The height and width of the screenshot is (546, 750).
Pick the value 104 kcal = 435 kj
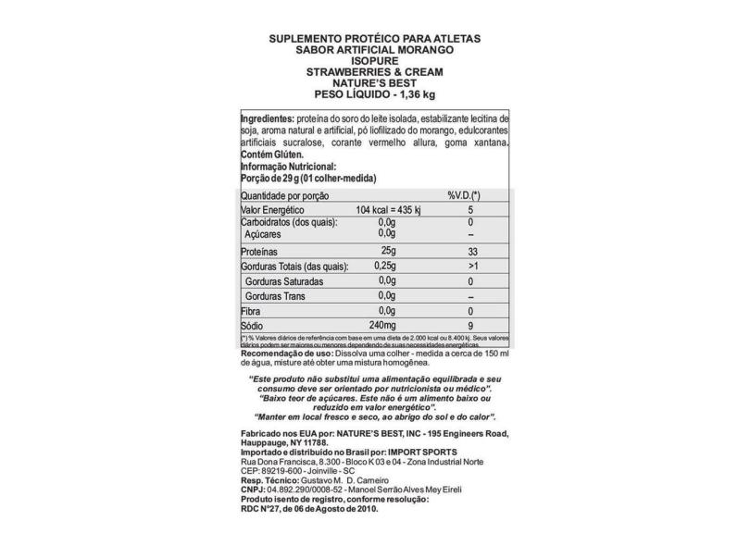pyautogui.click(x=388, y=212)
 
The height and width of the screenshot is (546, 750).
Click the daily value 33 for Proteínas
pyautogui.click(x=470, y=252)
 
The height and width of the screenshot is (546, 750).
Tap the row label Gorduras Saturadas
pyautogui.click(x=283, y=280)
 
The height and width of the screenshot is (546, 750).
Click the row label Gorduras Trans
pyautogui.click(x=277, y=296)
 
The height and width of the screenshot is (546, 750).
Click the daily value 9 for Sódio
pyautogui.click(x=470, y=327)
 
